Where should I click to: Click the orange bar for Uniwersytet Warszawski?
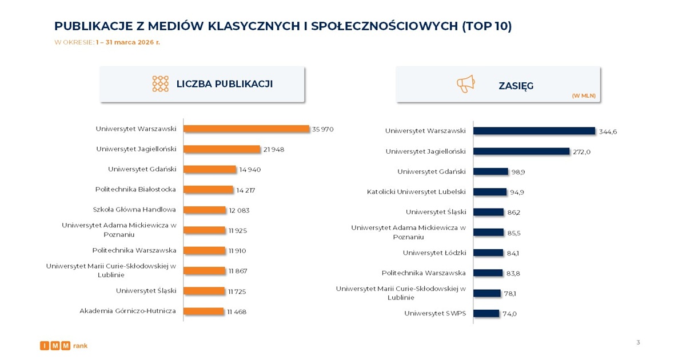246,129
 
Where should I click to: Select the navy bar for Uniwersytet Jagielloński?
521,151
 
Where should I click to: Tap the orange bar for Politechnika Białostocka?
209,190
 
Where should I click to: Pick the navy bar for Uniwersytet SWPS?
486,313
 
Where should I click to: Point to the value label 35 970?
323,129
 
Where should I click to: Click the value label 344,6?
608,131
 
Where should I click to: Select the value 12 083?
239,210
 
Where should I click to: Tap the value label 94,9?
517,192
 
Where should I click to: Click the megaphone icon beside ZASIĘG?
465,84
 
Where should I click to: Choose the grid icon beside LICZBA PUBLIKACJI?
161,84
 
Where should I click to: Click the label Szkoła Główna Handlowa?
134,210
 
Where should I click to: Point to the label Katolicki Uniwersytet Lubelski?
416,191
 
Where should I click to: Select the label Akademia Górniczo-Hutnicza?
127,311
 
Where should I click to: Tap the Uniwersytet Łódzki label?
434,253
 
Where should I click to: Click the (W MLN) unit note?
584,96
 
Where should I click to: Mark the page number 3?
638,342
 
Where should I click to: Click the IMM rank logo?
63,346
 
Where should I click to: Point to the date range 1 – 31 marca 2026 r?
128,42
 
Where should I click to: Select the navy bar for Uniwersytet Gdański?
490,171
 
